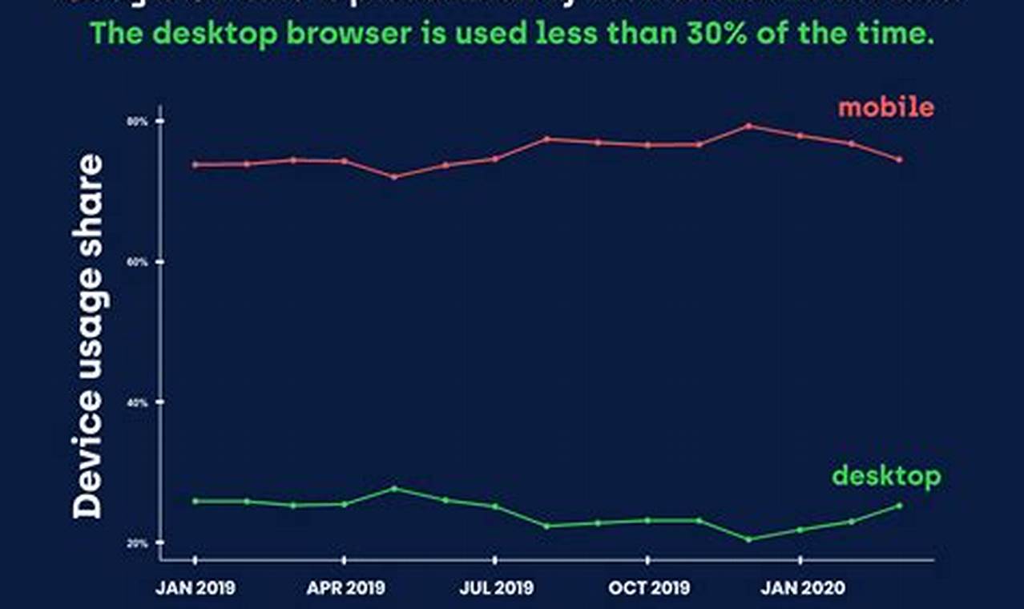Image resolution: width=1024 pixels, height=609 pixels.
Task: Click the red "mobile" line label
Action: pyautogui.click(x=886, y=107)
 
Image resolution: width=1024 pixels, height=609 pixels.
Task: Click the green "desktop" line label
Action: pyautogui.click(x=886, y=477)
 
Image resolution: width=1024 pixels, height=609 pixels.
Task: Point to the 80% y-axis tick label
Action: pyautogui.click(x=139, y=121)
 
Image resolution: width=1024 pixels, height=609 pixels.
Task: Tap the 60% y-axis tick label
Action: pyautogui.click(x=139, y=262)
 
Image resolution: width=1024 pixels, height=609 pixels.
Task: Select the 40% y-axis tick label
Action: pyautogui.click(x=139, y=402)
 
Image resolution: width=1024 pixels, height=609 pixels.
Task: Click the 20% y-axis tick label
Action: pyautogui.click(x=139, y=543)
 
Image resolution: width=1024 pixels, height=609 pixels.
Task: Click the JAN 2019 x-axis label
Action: pyautogui.click(x=196, y=588)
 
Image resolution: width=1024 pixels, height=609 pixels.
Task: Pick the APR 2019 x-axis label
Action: pyautogui.click(x=345, y=588)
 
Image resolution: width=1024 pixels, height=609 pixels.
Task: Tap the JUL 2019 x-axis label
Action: pyautogui.click(x=496, y=588)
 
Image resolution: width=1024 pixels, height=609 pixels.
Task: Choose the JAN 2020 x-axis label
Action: pyautogui.click(x=801, y=588)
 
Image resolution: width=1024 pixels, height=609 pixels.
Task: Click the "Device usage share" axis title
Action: pyautogui.click(x=88, y=337)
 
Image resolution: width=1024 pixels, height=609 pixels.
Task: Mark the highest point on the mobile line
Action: pyautogui.click(x=748, y=126)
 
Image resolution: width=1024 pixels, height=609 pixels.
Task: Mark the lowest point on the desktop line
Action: pyautogui.click(x=748, y=539)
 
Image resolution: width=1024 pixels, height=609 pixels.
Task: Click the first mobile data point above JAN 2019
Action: pyautogui.click(x=196, y=165)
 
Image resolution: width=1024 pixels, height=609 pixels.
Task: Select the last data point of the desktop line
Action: pyautogui.click(x=899, y=506)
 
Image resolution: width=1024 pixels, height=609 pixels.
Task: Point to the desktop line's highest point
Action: pyautogui.click(x=394, y=488)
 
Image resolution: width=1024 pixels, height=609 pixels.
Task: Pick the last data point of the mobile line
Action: pyautogui.click(x=899, y=159)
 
